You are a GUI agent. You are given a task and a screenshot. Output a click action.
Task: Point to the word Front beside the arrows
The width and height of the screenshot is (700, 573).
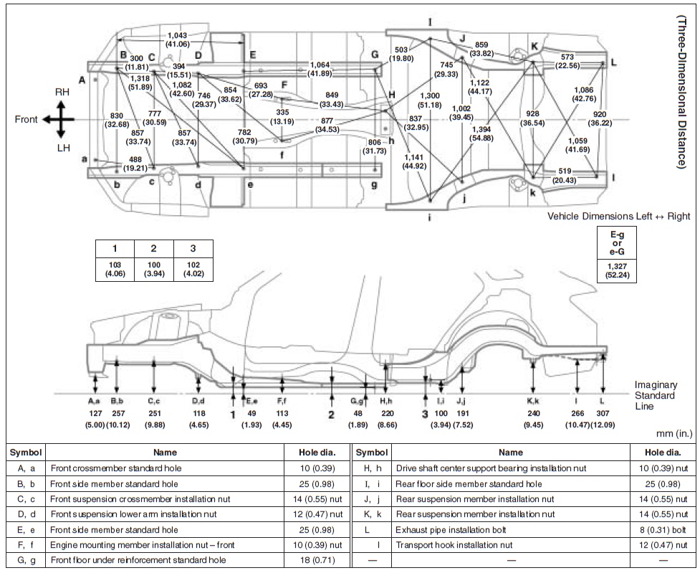click(26, 119)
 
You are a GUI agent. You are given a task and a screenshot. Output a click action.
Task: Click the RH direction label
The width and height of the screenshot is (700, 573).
click(62, 93)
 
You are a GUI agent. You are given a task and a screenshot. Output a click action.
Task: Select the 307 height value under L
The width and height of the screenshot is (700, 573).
click(602, 414)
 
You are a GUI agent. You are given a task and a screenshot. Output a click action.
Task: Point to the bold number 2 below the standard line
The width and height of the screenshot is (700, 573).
click(332, 415)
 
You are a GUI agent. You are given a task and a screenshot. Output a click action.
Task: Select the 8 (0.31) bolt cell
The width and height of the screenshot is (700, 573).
click(658, 529)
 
